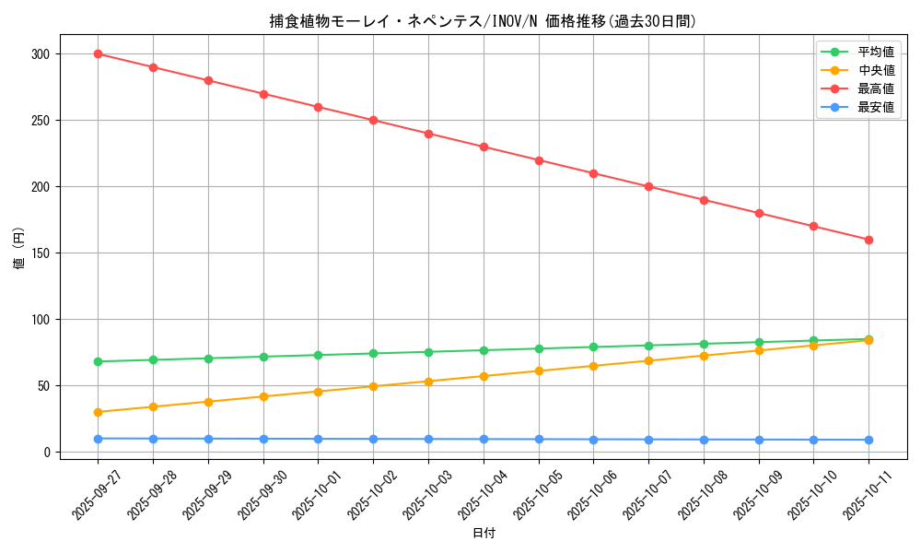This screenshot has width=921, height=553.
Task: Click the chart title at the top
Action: pos(483,21)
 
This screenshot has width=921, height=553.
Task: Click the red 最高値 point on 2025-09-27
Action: pos(98,53)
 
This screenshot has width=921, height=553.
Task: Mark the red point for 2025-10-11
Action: pos(869,240)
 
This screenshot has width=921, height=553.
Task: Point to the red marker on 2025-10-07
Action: pos(648,186)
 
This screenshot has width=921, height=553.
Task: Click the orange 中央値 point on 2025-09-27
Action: pos(98,412)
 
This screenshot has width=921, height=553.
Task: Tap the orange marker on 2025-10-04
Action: pos(484,376)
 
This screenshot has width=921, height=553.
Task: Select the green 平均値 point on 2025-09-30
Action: pos(263,357)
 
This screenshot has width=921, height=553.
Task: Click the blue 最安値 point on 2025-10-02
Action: pos(373,439)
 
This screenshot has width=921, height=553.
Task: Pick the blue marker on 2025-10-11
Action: pos(869,440)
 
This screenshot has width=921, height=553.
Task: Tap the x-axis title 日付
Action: pos(484,534)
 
